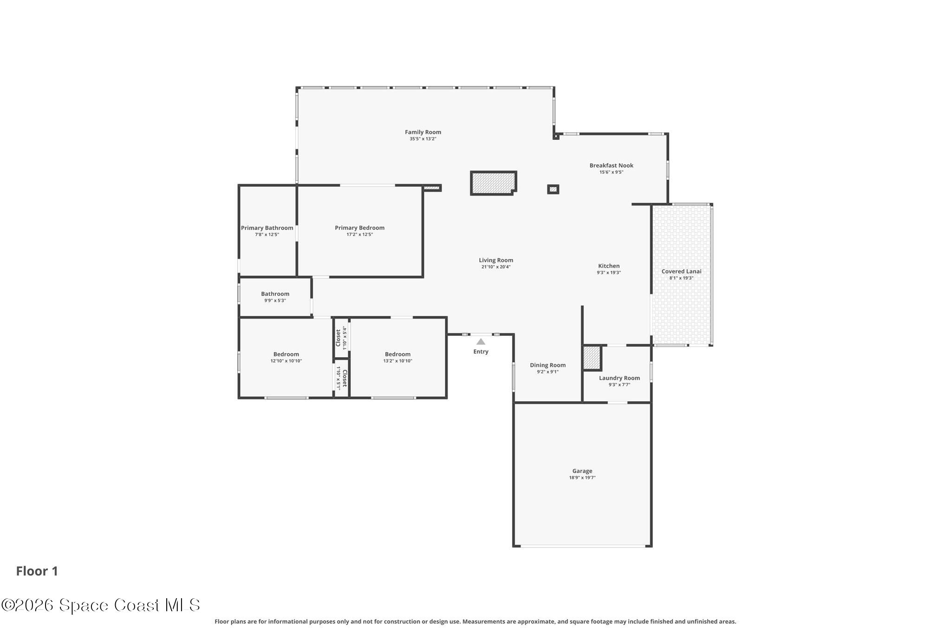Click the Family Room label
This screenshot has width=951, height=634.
[x=423, y=132]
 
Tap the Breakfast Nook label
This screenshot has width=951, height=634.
[x=611, y=165]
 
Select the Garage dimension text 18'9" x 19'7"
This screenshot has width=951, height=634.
[x=582, y=477]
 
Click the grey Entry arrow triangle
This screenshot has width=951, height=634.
[x=481, y=342]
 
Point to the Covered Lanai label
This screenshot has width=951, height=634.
[x=681, y=272]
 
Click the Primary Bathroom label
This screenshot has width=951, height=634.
[x=267, y=228]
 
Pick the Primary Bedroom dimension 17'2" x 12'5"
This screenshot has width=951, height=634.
[x=359, y=235]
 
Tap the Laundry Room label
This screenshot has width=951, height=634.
[x=619, y=378]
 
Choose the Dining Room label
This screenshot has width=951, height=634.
[x=547, y=365]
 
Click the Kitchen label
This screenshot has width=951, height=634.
[x=608, y=266]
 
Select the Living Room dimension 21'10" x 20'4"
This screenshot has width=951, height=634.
[x=495, y=267]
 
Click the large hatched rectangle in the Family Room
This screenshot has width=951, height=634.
[x=493, y=183]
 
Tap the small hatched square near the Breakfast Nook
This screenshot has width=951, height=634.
[x=553, y=189]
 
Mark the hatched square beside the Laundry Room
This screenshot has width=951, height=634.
[x=592, y=358]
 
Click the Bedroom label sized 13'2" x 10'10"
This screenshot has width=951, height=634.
[x=397, y=354]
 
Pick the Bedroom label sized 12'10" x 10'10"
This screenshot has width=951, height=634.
[x=286, y=354]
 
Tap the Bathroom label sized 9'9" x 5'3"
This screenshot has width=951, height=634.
[x=275, y=294]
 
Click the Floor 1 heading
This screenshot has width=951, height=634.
[x=37, y=571]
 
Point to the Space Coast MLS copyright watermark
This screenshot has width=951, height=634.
[x=100, y=605]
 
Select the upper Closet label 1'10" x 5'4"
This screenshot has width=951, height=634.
[x=338, y=338]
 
